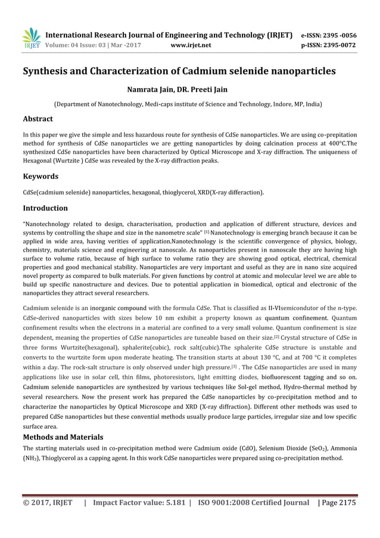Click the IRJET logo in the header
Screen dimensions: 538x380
pyautogui.click(x=32, y=39)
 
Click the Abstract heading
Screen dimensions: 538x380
pyautogui.click(x=38, y=119)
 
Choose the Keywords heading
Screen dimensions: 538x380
pyautogui.click(x=40, y=177)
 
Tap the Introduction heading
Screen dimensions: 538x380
pyautogui.click(x=45, y=208)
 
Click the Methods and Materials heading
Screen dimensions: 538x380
pyautogui.click(x=63, y=437)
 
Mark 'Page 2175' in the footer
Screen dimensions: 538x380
pyautogui.click(x=338, y=503)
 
